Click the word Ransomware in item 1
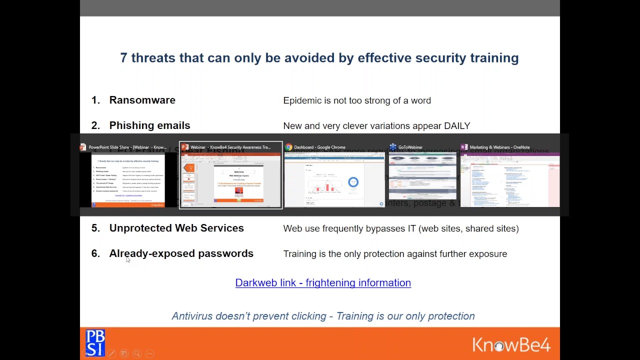click(x=142, y=100)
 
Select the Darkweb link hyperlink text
click(x=322, y=282)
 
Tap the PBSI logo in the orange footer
click(x=95, y=342)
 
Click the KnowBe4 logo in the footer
click(x=511, y=344)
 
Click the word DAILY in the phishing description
click(x=457, y=126)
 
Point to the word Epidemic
click(x=302, y=100)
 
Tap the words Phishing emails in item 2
click(x=149, y=125)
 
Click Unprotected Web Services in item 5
click(x=176, y=228)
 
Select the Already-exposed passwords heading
click(x=181, y=253)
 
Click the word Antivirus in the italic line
click(x=192, y=316)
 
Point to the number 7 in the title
click(x=123, y=58)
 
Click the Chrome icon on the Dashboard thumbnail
click(x=288, y=147)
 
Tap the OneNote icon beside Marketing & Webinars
click(x=464, y=147)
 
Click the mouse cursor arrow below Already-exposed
click(x=128, y=259)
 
